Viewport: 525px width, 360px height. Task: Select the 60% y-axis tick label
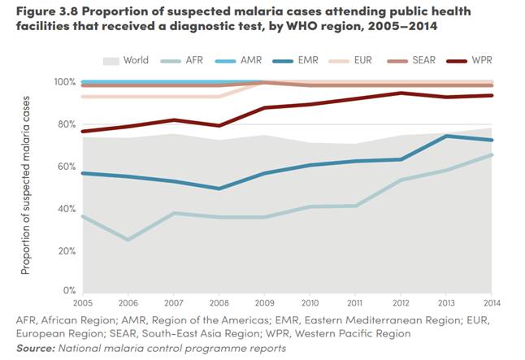(x=65, y=167)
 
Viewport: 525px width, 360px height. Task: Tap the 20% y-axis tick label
(x=65, y=251)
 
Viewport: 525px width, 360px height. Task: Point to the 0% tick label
(x=68, y=291)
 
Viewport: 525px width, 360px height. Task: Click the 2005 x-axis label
(x=83, y=302)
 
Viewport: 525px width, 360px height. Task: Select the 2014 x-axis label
(x=491, y=302)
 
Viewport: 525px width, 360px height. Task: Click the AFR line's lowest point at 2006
(x=128, y=240)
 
